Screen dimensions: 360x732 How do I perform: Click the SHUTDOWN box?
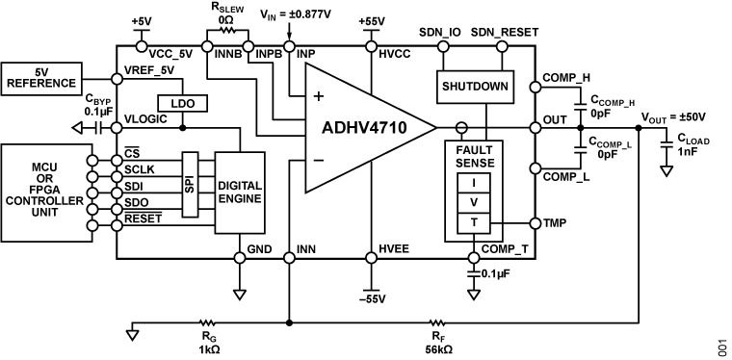pyautogui.click(x=474, y=85)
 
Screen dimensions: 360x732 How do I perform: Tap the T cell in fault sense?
pyautogui.click(x=473, y=221)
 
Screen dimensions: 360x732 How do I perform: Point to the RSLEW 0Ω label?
pyautogui.click(x=227, y=13)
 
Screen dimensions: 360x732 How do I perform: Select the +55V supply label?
pyautogui.click(x=370, y=20)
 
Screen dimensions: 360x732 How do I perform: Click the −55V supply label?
pyautogui.click(x=370, y=297)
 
